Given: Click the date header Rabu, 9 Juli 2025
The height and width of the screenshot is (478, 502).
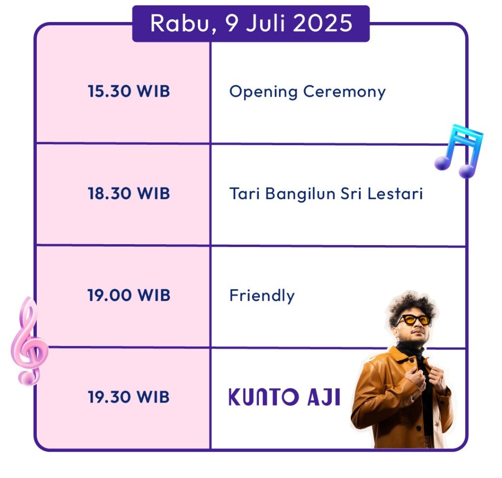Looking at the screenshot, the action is coord(251,24).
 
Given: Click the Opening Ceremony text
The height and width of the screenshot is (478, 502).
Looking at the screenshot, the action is coord(307,92).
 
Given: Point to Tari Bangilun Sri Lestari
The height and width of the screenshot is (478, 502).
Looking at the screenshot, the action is coord(326,194).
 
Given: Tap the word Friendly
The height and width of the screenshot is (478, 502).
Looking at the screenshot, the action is coord(262,296).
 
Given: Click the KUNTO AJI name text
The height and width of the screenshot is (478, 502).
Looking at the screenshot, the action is coord(284,397).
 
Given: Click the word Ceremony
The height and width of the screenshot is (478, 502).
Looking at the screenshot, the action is coord(345,92).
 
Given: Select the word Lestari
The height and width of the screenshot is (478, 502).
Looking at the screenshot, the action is coord(395,194).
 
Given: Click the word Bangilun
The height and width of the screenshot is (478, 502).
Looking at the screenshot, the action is coord(301,194).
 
